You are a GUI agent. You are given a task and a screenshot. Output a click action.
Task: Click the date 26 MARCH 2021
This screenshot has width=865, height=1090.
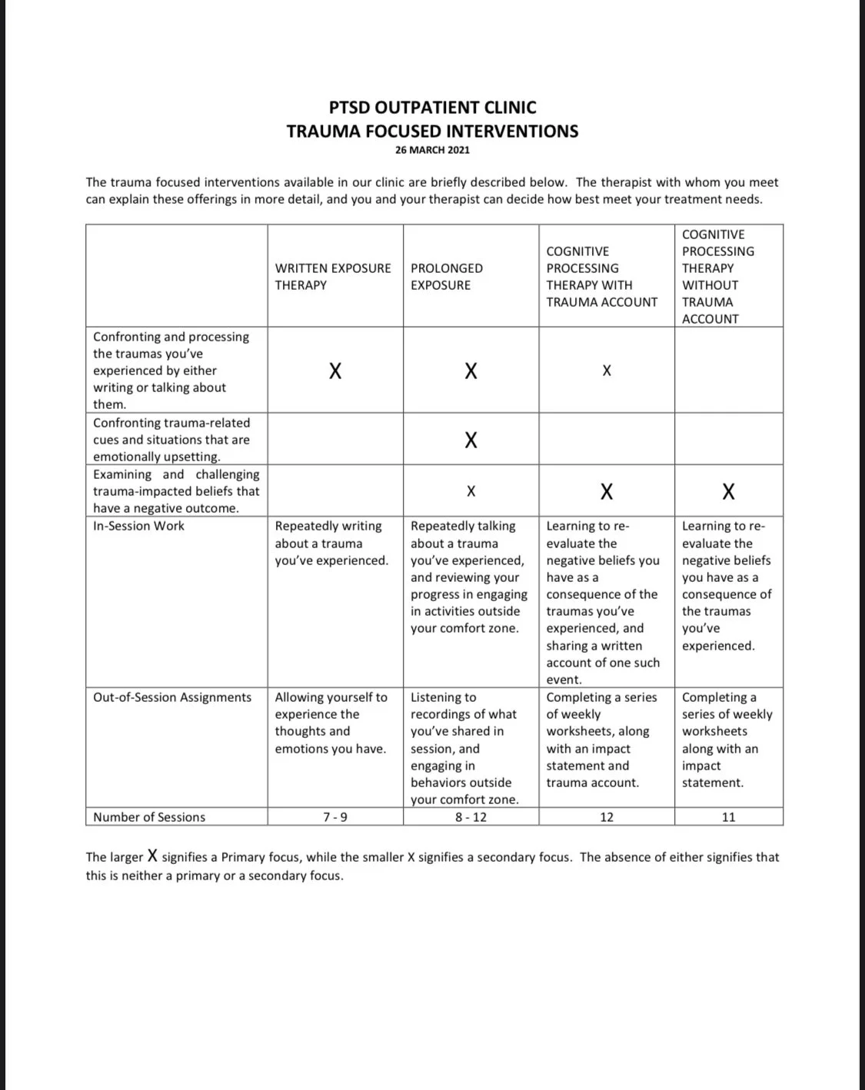tap(432, 150)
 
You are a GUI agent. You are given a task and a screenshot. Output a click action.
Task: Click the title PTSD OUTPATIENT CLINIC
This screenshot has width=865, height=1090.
tap(432, 108)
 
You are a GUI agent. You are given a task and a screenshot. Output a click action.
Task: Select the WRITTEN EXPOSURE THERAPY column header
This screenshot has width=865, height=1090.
tap(333, 277)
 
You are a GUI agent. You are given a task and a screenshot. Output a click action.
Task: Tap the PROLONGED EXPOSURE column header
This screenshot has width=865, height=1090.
tap(447, 277)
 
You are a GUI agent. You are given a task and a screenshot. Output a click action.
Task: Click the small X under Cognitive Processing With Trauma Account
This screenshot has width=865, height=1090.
tap(607, 371)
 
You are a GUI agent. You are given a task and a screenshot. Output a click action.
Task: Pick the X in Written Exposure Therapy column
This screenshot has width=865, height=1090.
tap(335, 371)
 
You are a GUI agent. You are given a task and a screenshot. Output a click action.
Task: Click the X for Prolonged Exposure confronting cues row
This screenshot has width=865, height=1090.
tap(471, 440)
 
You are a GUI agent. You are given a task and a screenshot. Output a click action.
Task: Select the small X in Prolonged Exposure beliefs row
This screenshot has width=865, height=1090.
tap(471, 491)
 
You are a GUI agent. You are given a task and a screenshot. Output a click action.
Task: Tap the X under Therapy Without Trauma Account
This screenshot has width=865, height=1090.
tap(728, 491)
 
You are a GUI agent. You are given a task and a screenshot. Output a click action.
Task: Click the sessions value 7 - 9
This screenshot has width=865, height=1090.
tap(335, 817)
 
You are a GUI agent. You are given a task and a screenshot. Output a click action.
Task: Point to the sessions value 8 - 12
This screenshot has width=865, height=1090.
tap(471, 817)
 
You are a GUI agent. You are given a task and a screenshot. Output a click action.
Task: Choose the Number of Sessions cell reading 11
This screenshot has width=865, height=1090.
tap(728, 817)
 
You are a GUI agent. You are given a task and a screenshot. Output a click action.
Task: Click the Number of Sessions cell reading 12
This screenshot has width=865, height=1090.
tap(607, 817)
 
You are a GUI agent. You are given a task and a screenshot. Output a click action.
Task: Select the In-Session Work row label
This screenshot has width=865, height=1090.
tap(138, 526)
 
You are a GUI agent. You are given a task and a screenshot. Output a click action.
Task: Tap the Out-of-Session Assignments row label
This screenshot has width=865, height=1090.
tap(172, 697)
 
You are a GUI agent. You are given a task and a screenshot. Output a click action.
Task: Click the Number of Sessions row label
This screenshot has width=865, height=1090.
tap(149, 817)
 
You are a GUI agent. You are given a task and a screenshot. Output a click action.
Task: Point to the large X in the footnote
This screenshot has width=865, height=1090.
tap(153, 856)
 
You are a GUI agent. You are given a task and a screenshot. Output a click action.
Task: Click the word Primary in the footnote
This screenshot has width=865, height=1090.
tap(243, 857)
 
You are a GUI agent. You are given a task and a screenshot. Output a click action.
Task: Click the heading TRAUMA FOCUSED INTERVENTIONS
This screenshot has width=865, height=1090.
tap(432, 131)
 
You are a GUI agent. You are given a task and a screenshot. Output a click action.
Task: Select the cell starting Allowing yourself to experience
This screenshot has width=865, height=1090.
tap(331, 723)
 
